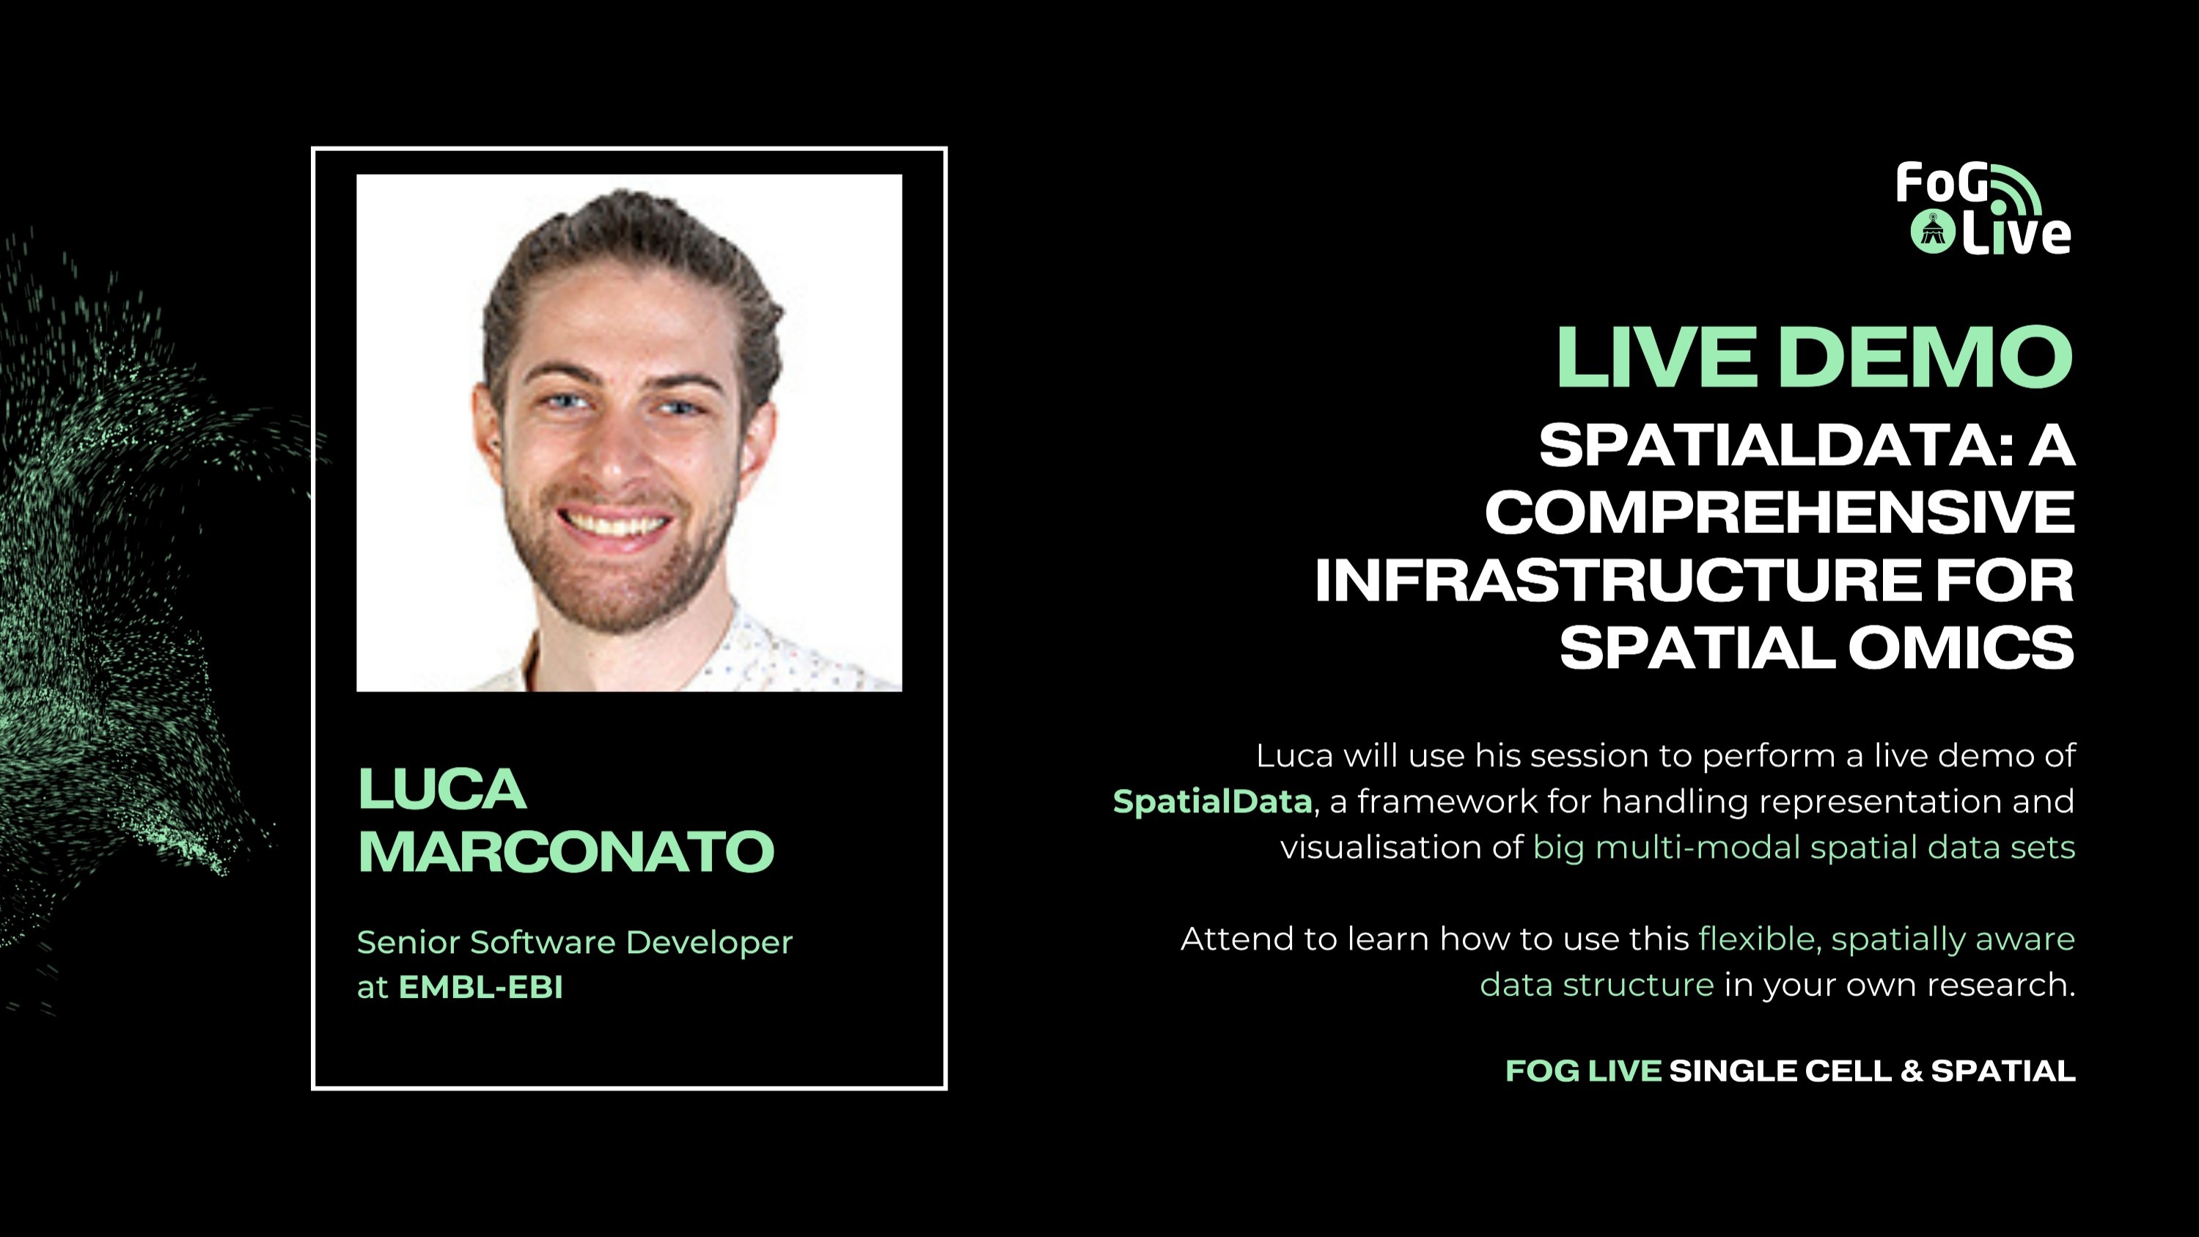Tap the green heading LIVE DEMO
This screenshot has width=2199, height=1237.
point(1814,357)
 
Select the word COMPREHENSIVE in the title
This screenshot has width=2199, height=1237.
point(1779,513)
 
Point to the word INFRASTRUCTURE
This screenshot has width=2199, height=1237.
point(1618,581)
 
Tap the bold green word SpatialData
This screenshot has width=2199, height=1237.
point(1212,801)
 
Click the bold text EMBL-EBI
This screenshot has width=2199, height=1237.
point(480,987)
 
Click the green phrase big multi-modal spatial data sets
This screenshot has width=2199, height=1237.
point(1803,847)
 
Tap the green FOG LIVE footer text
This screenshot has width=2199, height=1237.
point(1582,1071)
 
